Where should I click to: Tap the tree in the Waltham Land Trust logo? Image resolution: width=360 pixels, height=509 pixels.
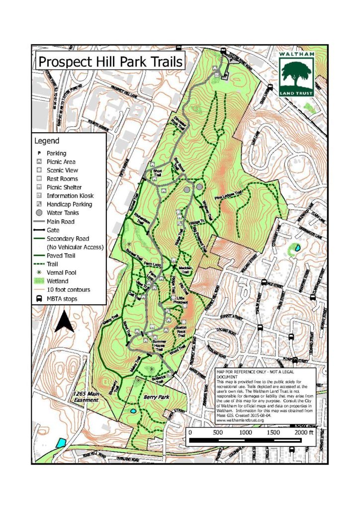tap(296, 73)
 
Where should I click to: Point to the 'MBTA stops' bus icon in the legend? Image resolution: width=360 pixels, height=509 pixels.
tap(38, 298)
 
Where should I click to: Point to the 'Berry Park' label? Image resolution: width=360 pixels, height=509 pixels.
tap(154, 397)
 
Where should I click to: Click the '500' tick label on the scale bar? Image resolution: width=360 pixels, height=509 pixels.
tap(218, 432)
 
